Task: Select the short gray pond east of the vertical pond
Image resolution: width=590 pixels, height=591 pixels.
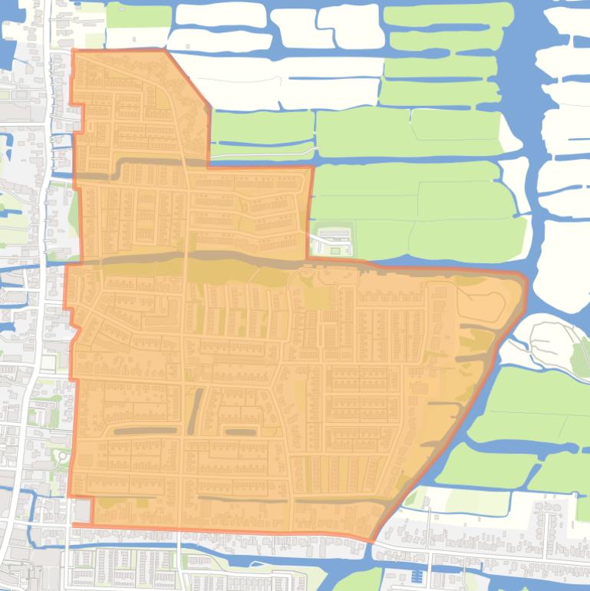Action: (239, 432)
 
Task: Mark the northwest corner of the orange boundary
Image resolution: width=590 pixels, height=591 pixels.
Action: (74, 51)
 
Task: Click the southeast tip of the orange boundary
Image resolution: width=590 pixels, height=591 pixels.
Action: (372, 541)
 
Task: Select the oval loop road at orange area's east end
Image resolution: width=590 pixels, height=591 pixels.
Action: (482, 307)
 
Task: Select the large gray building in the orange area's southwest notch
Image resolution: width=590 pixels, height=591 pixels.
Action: (82, 510)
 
